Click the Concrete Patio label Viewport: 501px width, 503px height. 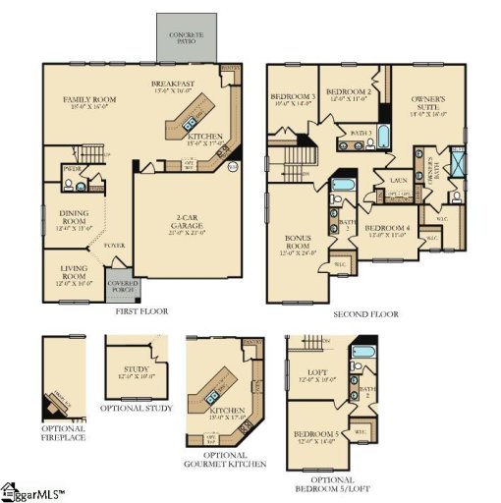point(185,36)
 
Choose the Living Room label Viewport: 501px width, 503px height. point(73,267)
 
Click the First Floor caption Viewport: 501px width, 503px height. point(141,311)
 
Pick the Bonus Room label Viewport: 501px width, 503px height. point(298,243)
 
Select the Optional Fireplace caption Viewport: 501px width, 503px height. point(63,433)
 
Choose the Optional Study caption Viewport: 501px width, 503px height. point(136,408)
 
